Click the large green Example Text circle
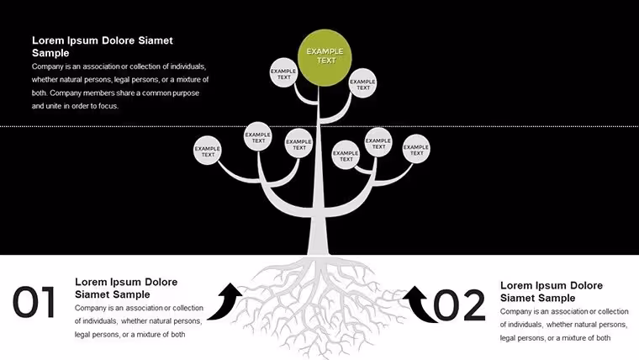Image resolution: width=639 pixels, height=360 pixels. click(x=325, y=57)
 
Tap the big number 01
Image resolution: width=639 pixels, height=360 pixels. click(x=34, y=302)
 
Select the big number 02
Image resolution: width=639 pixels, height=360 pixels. click(x=459, y=305)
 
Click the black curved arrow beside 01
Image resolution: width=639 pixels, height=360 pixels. click(x=225, y=302)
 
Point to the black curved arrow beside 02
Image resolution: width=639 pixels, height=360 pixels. click(x=420, y=304)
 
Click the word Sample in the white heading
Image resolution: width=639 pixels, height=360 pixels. click(x=50, y=53)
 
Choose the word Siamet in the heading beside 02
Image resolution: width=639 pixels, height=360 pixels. click(x=517, y=298)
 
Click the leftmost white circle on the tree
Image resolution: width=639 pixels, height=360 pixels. click(x=208, y=150)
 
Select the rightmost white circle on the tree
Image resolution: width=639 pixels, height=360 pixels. click(x=416, y=149)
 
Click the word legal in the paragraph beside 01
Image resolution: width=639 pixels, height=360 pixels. click(x=82, y=335)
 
